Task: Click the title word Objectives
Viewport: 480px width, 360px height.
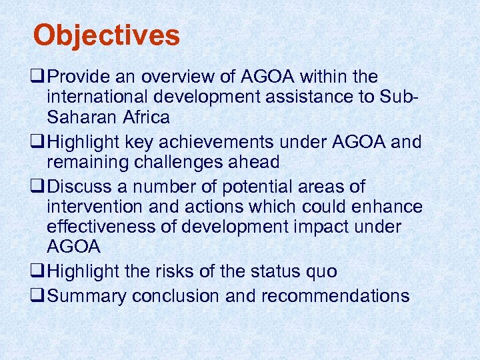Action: click(x=107, y=35)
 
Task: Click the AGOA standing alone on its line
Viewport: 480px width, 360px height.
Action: click(x=73, y=247)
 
